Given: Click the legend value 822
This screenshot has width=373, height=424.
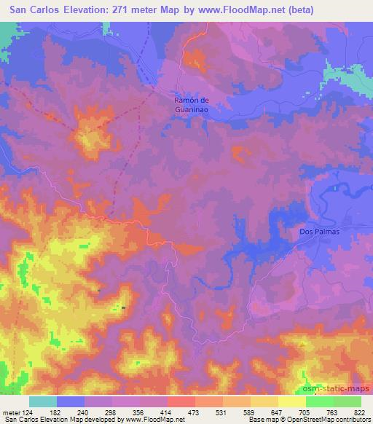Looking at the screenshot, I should [x=360, y=412].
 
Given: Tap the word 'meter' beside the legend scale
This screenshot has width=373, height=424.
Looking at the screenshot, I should [x=10, y=412].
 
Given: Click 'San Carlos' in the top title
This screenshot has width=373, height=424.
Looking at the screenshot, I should [x=32, y=9].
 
